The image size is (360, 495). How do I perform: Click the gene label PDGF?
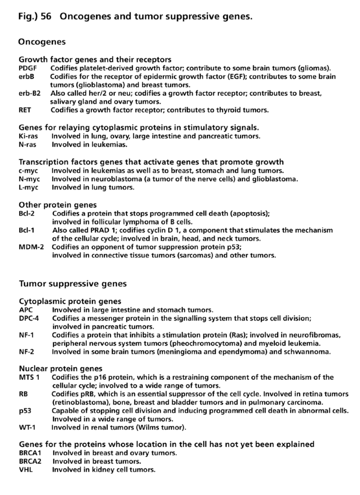(x=27, y=68)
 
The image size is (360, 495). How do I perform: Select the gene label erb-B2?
(x=29, y=93)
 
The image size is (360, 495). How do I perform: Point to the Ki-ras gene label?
(x=28, y=136)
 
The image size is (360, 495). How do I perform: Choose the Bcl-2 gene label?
(x=27, y=214)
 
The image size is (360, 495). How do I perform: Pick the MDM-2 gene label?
(x=30, y=247)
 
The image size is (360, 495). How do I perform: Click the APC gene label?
(x=26, y=310)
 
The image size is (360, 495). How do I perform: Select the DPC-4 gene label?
(x=29, y=318)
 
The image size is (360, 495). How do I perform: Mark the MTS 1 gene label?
(x=29, y=377)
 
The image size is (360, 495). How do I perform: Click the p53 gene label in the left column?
(x=24, y=410)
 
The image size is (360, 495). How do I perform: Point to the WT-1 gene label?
(x=27, y=427)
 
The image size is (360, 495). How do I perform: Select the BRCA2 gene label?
(x=30, y=461)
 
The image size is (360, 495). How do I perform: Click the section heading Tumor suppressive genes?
(x=72, y=284)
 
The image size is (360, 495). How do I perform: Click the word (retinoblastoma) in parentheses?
(x=79, y=402)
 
